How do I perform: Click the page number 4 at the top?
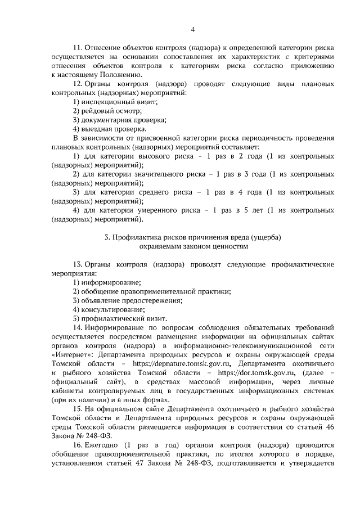pyautogui.click(x=193, y=30)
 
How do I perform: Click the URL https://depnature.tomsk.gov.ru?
pyautogui.click(x=178, y=364)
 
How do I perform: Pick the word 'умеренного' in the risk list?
pyautogui.click(x=152, y=210)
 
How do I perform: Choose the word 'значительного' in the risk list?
pyautogui.click(x=162, y=174)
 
